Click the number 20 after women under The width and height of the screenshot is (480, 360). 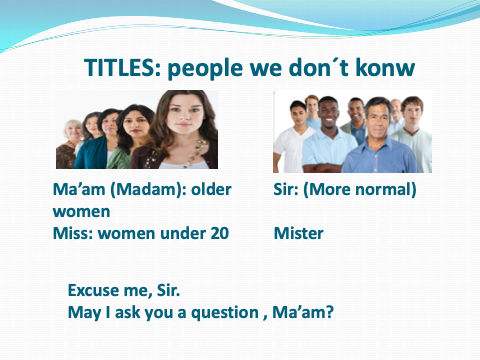(x=219, y=233)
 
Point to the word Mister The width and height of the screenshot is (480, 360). (x=298, y=233)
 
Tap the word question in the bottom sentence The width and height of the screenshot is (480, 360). (x=225, y=313)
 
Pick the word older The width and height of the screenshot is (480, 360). (x=211, y=189)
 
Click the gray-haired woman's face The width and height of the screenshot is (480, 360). (x=73, y=132)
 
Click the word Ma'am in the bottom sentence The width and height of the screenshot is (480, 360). (x=303, y=312)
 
